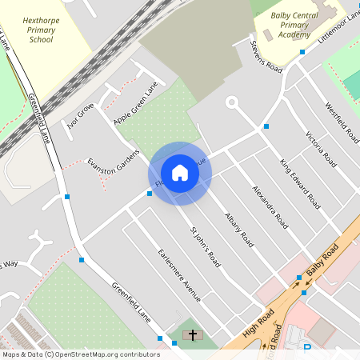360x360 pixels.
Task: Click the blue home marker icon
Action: [180, 172]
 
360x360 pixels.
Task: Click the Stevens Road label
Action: [266, 57]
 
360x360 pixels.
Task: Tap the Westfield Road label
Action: [341, 122]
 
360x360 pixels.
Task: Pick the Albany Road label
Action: [238, 230]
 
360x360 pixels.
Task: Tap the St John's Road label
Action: [204, 247]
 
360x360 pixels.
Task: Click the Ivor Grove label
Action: [81, 115]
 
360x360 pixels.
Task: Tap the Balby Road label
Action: [322, 262]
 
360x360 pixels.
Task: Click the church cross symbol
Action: [192, 333]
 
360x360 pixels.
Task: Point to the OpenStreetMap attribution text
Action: [82, 354]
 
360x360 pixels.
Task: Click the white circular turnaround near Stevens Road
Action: [232, 102]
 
